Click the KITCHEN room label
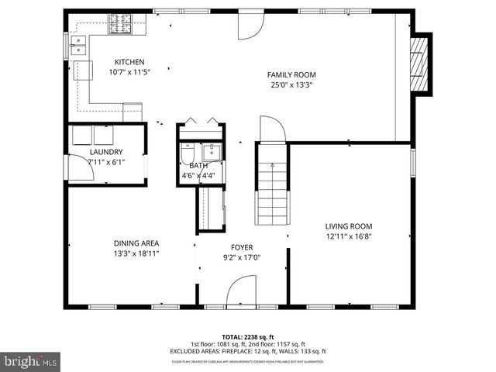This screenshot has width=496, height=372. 129,62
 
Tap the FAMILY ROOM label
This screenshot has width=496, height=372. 291,74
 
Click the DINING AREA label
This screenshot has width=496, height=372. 136,243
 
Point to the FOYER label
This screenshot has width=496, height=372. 242,247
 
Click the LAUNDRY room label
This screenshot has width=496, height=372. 106,152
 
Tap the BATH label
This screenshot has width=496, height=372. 199,165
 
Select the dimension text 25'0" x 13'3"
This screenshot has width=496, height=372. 291,85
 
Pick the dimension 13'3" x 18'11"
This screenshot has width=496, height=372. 136,253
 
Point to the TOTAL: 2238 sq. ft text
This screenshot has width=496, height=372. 248,336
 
